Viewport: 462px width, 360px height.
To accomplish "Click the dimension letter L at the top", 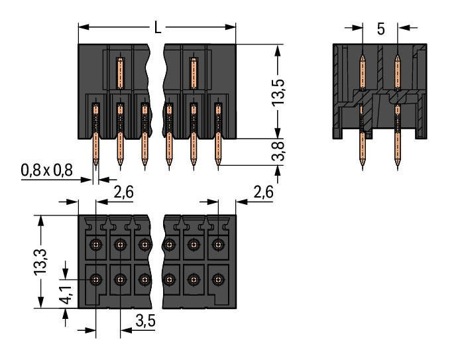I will [x=157, y=28].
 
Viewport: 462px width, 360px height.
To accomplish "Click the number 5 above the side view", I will [x=380, y=29].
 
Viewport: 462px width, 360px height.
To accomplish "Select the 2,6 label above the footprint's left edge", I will [x=124, y=194].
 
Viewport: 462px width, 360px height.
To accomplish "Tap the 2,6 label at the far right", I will [x=263, y=194].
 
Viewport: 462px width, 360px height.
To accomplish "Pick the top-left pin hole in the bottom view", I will [x=96, y=245].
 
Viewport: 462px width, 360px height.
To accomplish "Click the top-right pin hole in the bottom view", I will [x=217, y=245].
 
